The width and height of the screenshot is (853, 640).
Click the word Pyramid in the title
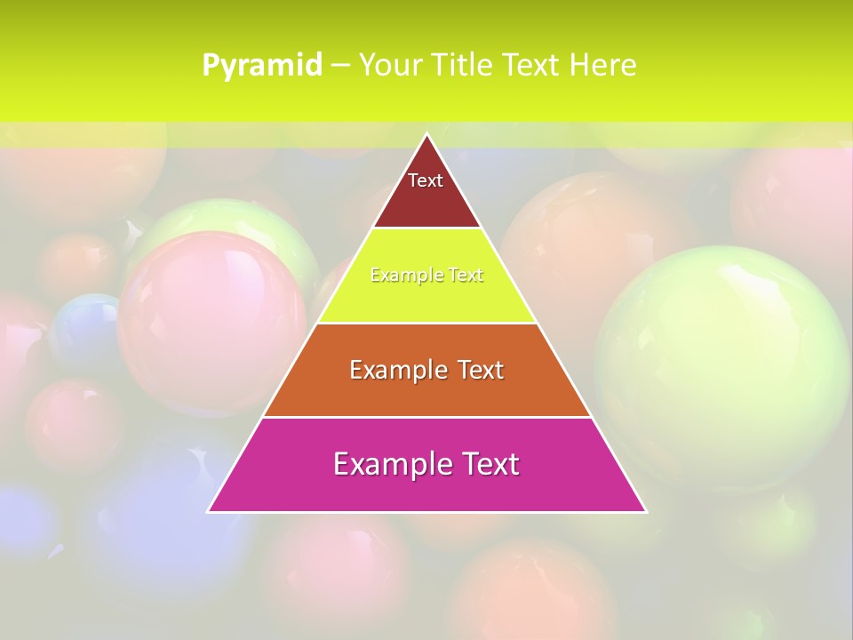pos(262,65)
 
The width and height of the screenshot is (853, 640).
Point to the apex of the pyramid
pos(426,134)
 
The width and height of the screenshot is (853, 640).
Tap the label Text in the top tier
pos(425,180)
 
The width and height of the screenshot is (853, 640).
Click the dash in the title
pos(339,65)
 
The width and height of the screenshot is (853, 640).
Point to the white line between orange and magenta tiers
pos(426,417)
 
